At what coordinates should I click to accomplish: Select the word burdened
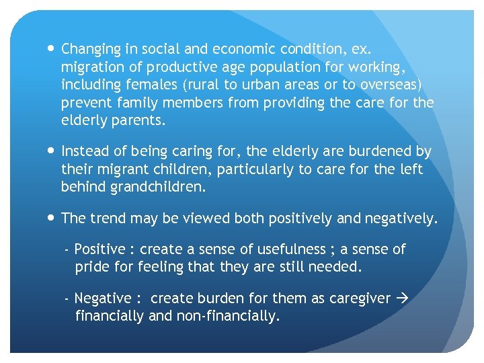click(x=380, y=152)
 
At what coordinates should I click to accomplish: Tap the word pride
click(x=90, y=267)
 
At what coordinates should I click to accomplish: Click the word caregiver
click(x=360, y=298)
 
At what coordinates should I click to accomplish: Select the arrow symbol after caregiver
click(x=402, y=298)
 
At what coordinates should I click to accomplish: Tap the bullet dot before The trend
click(x=52, y=218)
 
